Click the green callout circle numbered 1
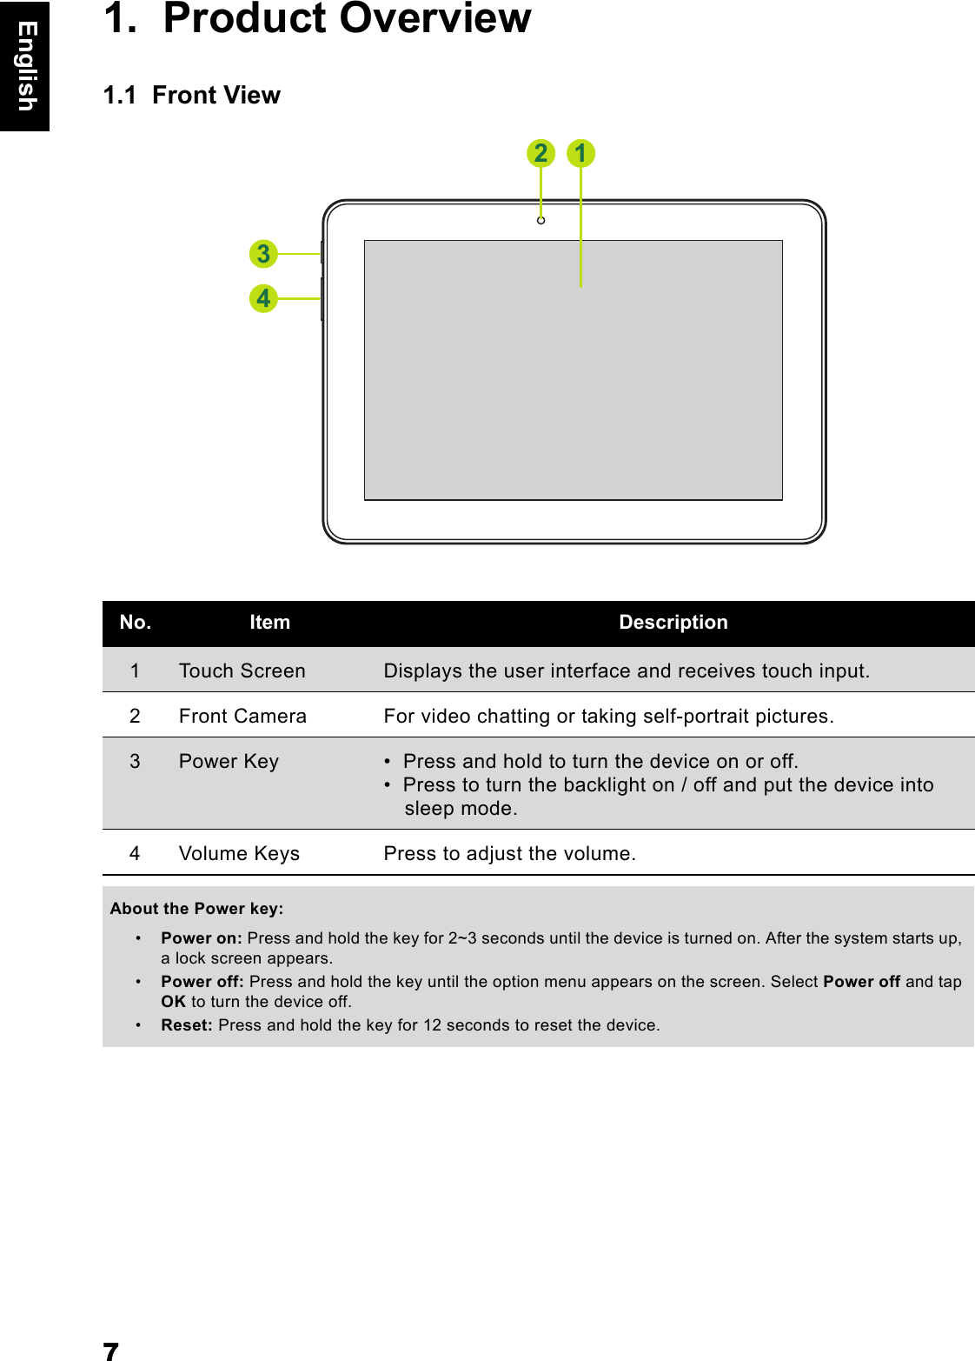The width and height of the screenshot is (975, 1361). tap(580, 153)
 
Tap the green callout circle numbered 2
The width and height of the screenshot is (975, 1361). tap(541, 153)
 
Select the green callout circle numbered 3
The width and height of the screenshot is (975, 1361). tap(263, 254)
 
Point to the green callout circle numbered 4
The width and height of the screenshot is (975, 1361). tap(263, 298)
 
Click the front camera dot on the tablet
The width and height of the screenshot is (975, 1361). tap(541, 221)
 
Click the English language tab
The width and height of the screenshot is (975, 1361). tap(25, 66)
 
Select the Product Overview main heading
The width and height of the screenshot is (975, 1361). tap(318, 19)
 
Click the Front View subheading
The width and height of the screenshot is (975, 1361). tap(192, 95)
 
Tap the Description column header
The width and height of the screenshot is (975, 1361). tap(673, 623)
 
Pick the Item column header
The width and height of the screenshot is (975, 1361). tap(269, 623)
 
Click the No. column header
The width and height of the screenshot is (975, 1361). tap(136, 623)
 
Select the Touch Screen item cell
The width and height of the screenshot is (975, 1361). tap(242, 670)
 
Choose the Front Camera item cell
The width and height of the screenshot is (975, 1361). tap(242, 716)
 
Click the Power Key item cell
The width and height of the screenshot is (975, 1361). tap(229, 761)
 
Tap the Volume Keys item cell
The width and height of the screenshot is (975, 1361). tap(239, 853)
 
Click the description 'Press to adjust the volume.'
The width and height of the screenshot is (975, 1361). tap(509, 853)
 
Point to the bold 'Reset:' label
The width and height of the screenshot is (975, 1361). tap(186, 1025)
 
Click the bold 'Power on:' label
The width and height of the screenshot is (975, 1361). tap(201, 938)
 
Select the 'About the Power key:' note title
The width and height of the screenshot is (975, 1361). tap(196, 909)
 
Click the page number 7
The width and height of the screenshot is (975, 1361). tap(110, 1351)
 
